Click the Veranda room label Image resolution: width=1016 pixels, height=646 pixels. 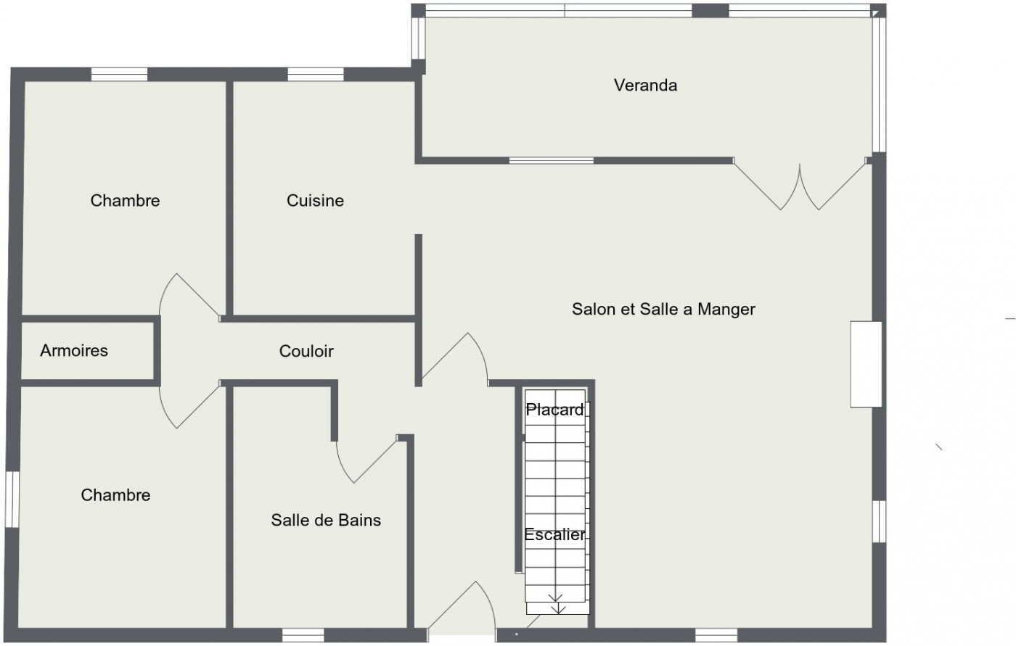(x=645, y=86)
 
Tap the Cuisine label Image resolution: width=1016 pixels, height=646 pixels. (x=315, y=201)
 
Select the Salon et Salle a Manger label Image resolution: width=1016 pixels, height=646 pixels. (x=663, y=310)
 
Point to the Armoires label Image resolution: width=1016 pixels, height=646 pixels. (x=74, y=351)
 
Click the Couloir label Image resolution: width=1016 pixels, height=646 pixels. (x=306, y=352)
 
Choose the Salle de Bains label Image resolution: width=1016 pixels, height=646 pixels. (x=326, y=520)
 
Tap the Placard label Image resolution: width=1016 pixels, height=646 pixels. (x=555, y=410)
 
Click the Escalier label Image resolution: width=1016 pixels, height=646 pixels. (x=555, y=535)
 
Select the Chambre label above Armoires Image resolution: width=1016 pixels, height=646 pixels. (x=125, y=201)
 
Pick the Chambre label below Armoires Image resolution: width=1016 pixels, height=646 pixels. (x=116, y=495)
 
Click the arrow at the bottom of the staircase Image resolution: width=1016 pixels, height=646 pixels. (x=557, y=604)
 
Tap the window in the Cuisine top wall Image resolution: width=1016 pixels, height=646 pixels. (x=316, y=74)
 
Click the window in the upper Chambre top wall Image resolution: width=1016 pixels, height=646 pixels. (x=120, y=74)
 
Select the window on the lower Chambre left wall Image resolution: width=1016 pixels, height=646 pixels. (x=12, y=500)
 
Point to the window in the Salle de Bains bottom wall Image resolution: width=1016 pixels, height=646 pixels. (x=302, y=636)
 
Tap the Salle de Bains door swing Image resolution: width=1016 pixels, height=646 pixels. (x=366, y=460)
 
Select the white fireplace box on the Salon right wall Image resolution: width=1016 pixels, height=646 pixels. (x=867, y=364)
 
